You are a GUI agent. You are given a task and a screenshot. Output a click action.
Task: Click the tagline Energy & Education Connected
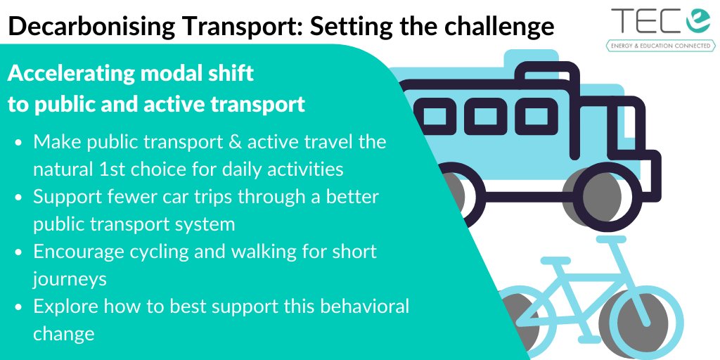pyautogui.click(x=661, y=46)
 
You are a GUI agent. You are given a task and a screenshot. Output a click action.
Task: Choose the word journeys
pyautogui.click(x=70, y=278)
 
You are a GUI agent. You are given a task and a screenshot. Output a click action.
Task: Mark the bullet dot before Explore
pyautogui.click(x=19, y=307)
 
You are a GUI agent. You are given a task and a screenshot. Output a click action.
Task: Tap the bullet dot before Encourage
pyautogui.click(x=19, y=252)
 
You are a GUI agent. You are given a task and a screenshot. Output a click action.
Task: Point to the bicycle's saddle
pyautogui.click(x=607, y=240)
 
